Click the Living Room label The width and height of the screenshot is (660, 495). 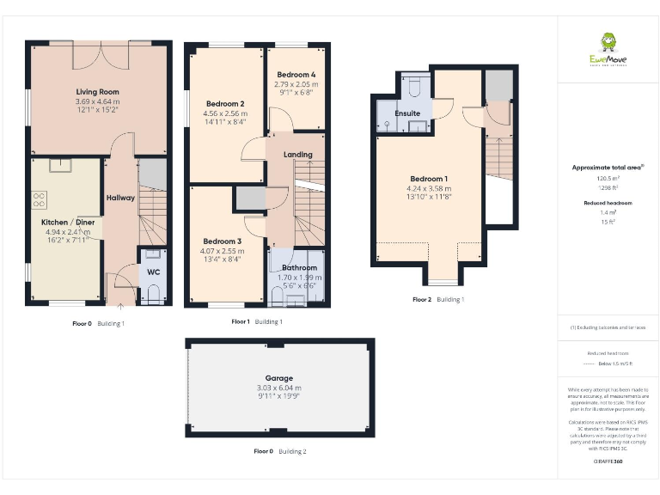[97, 92]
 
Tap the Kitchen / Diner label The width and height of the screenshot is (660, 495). [67, 223]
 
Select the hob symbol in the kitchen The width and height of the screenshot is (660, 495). [40, 199]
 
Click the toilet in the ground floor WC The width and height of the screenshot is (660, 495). [154, 296]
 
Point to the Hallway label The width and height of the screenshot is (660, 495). [120, 198]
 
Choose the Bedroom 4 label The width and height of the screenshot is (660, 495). [296, 75]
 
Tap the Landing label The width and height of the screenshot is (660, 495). [297, 155]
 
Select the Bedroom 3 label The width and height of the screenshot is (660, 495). [223, 241]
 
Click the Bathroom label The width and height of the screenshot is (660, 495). [299, 268]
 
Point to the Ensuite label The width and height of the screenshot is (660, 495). [407, 113]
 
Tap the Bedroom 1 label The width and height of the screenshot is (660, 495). [428, 179]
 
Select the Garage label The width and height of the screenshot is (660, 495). [279, 378]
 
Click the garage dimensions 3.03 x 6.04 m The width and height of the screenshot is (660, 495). [279, 388]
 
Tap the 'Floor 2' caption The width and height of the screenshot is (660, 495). [422, 300]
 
